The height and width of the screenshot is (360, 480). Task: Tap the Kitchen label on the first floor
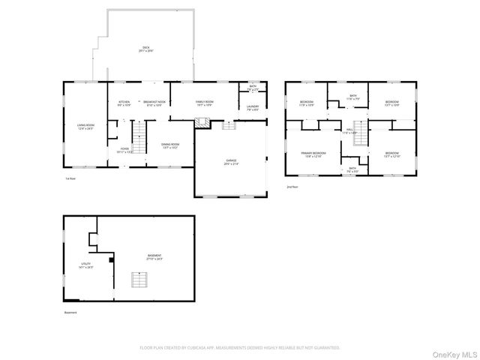coord(124,103)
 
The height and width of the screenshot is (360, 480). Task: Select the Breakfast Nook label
coord(153,103)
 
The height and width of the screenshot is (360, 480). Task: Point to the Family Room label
coord(204,103)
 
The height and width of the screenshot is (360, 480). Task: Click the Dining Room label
coord(170,145)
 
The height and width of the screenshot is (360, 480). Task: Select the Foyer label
coord(124,150)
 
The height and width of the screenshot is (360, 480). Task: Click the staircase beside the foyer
coord(140,135)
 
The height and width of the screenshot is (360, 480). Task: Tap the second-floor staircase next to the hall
coord(360,135)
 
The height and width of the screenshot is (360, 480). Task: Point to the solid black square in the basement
coord(111,259)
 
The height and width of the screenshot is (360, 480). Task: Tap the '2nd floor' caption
coord(292,187)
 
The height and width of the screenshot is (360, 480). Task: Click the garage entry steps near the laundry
coord(229,126)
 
